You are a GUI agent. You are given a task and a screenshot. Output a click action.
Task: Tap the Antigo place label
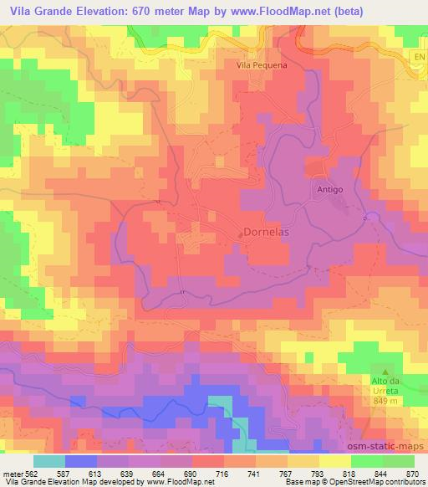pos(330,190)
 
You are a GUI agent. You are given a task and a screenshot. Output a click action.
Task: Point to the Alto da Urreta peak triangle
pos(385,371)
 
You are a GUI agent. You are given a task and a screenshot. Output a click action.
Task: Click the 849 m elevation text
pos(385,400)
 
